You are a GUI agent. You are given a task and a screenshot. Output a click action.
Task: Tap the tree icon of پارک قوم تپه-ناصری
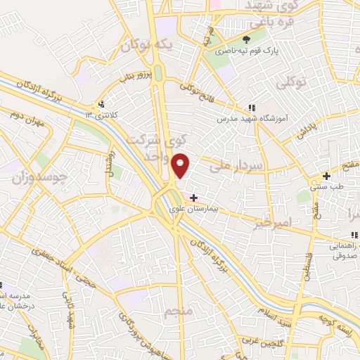[246, 39]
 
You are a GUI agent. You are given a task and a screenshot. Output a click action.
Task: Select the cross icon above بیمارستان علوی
[194, 198]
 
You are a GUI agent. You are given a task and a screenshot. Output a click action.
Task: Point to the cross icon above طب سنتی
[326, 176]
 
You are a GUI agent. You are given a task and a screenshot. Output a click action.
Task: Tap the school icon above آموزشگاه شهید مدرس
[251, 108]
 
